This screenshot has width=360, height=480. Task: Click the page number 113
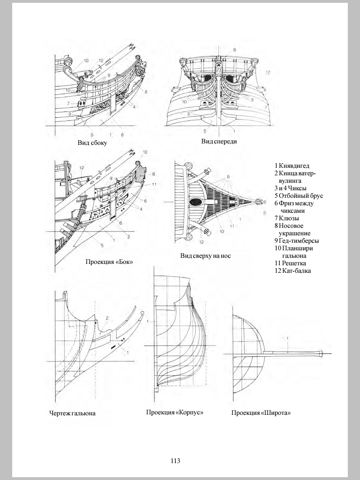pos(175,461)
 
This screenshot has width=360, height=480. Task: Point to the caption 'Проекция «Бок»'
pos(109,262)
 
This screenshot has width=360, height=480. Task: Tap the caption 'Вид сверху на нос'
pos(205,256)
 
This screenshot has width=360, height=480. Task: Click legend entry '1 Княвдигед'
pos(292,165)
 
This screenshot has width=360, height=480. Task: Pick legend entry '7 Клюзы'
pos(287,218)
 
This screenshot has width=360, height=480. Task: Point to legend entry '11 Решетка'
pos(292,263)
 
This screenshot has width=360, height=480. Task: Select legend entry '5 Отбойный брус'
pos(299,195)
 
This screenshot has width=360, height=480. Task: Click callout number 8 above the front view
pos(234,50)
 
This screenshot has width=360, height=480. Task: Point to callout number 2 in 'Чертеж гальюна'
pos(107,318)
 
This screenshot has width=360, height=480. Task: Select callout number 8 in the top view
pos(264,213)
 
